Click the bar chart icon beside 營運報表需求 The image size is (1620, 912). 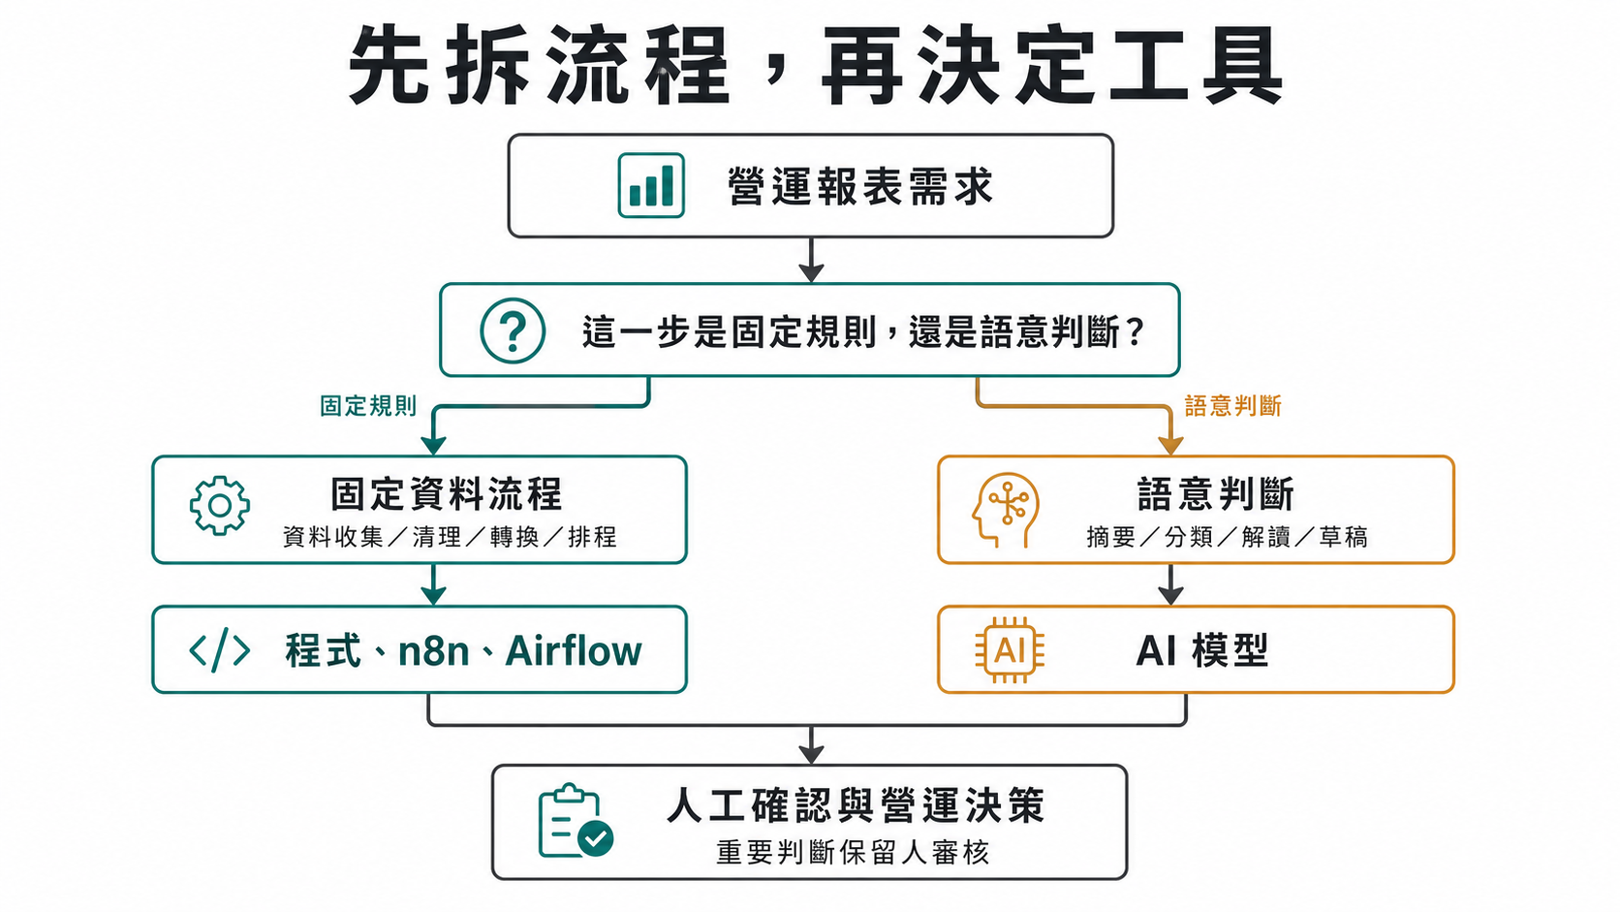point(651,185)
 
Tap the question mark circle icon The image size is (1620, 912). point(513,330)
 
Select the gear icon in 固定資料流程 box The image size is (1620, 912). point(220,505)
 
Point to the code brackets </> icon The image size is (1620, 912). point(220,650)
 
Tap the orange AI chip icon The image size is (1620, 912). point(1009,649)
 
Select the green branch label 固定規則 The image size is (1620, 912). point(368,406)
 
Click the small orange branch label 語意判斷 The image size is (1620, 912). point(1232,406)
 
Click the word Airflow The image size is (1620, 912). point(574,651)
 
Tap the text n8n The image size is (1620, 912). point(433,651)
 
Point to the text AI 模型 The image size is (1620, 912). point(1201,650)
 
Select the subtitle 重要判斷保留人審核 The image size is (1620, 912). point(853,853)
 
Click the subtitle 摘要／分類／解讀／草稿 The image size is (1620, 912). point(1227,537)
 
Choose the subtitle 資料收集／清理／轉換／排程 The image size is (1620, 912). point(450,537)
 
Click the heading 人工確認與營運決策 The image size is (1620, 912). point(856,806)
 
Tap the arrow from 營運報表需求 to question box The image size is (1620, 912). point(811,260)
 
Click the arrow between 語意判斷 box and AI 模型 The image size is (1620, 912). point(1170,584)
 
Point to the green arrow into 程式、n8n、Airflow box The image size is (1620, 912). point(433,584)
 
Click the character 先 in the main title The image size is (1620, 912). point(390,66)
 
